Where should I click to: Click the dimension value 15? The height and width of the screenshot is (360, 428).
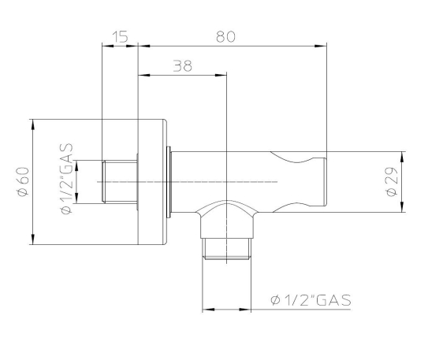[x=120, y=37]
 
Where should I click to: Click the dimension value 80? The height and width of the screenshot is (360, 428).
[x=225, y=37]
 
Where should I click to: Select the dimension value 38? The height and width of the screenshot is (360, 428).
[x=183, y=65]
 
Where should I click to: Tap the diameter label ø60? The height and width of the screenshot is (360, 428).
[x=23, y=182]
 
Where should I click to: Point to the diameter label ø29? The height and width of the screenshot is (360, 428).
[x=392, y=182]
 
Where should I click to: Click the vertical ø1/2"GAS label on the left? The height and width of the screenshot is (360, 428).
[x=67, y=179]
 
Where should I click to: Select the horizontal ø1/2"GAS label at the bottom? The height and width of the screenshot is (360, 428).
[x=311, y=300]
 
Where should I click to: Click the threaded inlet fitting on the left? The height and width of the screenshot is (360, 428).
[x=120, y=182]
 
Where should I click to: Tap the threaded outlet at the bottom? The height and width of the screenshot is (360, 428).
[x=226, y=249]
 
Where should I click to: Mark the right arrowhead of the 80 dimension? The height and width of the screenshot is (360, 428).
[x=321, y=46]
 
